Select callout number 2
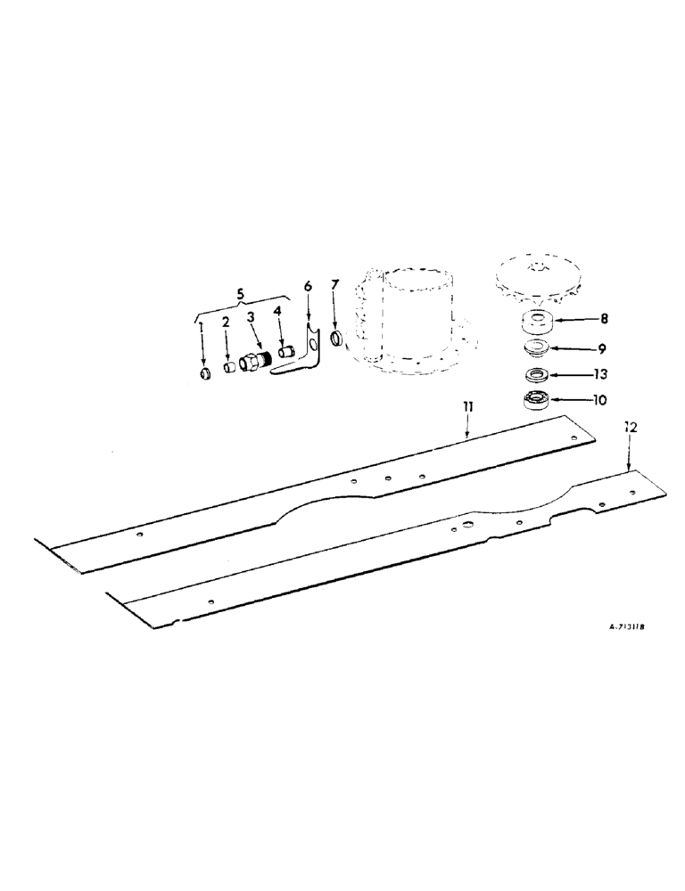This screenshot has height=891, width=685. click(226, 322)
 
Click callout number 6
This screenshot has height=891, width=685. click(308, 287)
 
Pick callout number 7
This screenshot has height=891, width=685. click(334, 284)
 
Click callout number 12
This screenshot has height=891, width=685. click(631, 428)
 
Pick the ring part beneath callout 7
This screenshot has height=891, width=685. click(337, 339)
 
